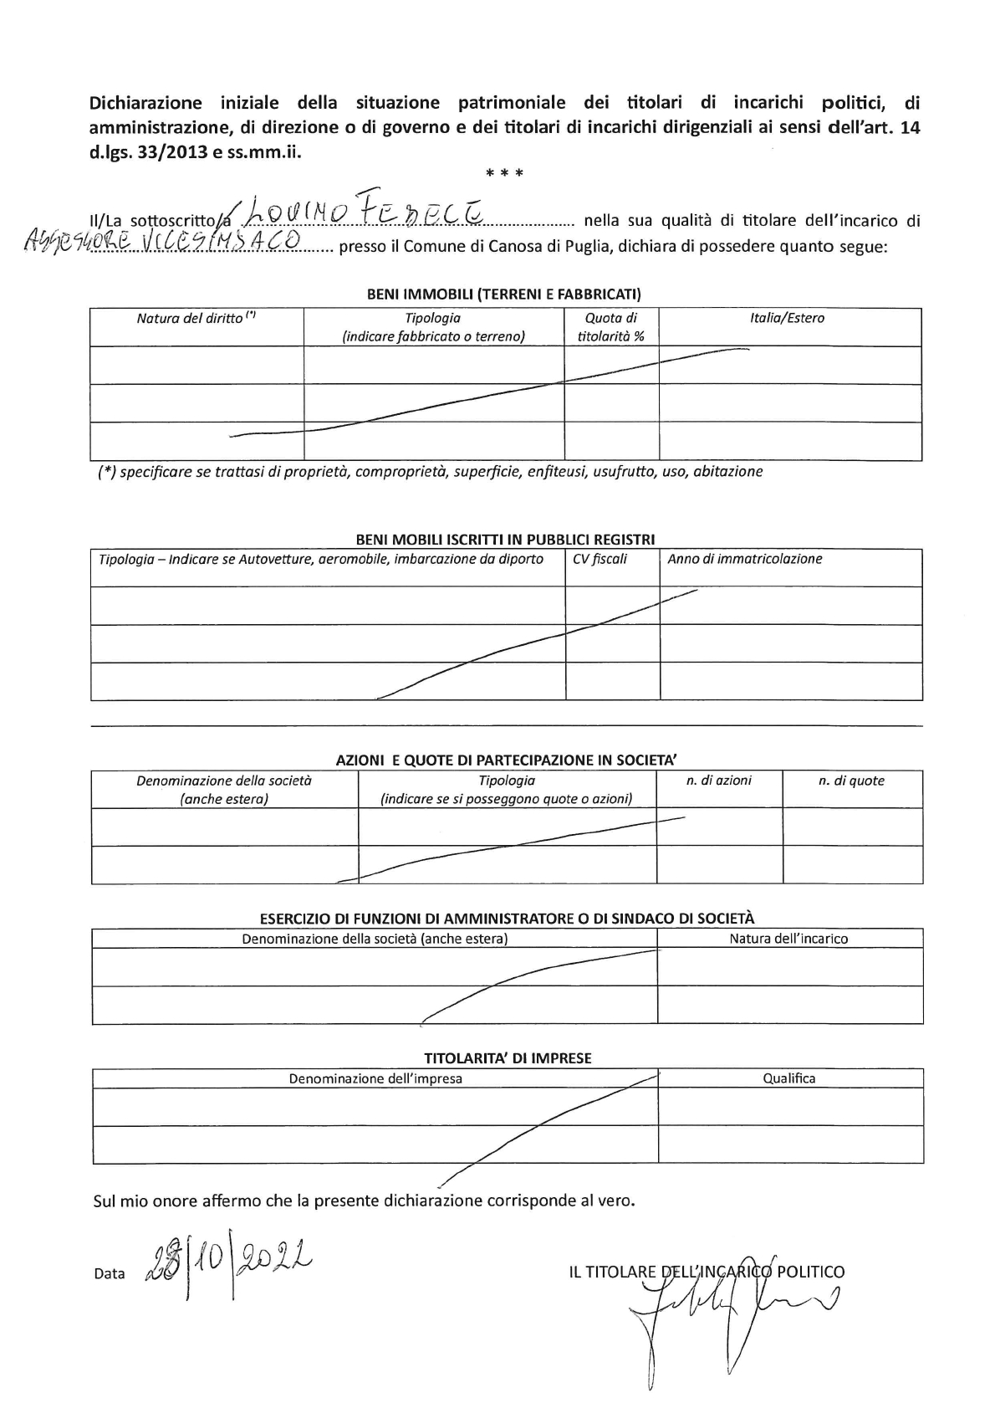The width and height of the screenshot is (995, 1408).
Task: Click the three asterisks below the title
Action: click(x=505, y=174)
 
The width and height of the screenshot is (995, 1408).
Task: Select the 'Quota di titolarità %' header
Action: click(x=610, y=327)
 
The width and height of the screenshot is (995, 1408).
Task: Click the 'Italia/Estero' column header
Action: click(x=787, y=318)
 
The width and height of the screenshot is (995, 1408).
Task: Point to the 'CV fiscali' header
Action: click(x=600, y=559)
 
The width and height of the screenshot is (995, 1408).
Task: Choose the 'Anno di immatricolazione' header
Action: click(x=744, y=559)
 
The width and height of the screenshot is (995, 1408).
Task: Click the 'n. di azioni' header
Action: click(x=718, y=781)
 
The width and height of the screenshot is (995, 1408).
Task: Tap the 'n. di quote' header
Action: click(x=850, y=781)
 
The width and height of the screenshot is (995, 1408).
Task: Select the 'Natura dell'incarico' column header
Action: click(x=788, y=939)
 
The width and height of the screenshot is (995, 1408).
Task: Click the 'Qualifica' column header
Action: click(x=788, y=1078)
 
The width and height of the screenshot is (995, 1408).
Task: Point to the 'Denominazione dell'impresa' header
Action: click(x=375, y=1078)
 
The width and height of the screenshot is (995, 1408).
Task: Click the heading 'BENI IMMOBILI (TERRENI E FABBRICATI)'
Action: click(x=504, y=294)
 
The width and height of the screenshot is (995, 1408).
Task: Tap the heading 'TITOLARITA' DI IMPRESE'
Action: click(x=508, y=1058)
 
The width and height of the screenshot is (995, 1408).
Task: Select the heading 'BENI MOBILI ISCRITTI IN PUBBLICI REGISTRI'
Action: click(x=505, y=540)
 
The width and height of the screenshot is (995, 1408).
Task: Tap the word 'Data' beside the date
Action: click(x=110, y=1274)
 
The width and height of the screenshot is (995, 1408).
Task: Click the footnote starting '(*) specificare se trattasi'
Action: click(x=431, y=472)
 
